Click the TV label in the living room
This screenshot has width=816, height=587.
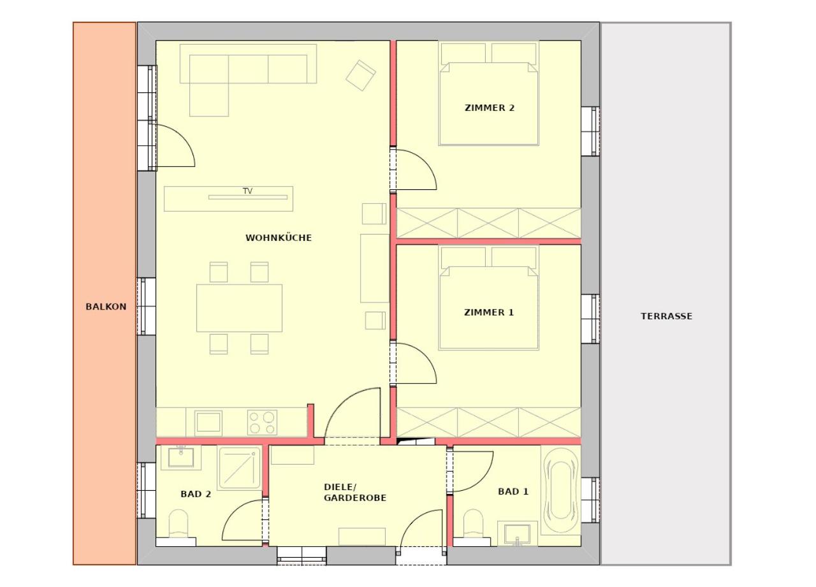[248, 191]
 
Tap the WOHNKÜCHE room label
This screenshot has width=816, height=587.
[279, 238]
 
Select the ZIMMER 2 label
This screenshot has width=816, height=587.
[490, 108]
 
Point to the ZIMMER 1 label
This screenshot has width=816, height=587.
[489, 312]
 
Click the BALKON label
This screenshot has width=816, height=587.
[106, 307]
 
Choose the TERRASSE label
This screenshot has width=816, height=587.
[667, 316]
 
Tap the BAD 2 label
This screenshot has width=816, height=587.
[196, 494]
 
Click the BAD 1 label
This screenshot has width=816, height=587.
[513, 491]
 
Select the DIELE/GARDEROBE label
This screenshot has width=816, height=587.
[355, 492]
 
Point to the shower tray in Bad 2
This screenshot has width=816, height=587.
[240, 468]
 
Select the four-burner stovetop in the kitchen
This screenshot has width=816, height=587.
[262, 423]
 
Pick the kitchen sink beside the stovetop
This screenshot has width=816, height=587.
[208, 423]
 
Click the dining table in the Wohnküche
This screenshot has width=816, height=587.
[239, 308]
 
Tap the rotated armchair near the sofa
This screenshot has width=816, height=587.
[361, 75]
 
